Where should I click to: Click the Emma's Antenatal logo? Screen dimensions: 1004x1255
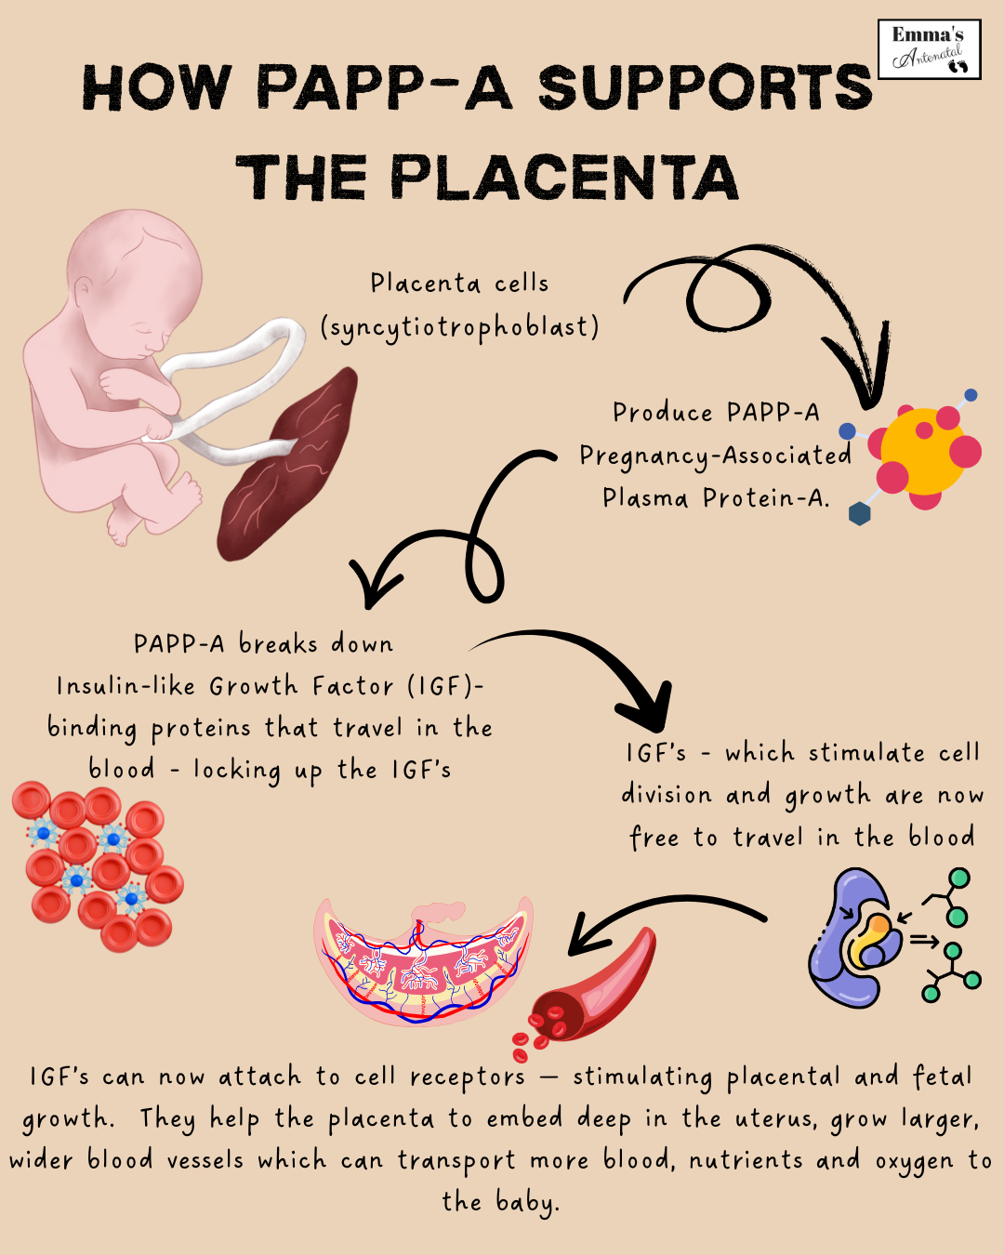click(x=929, y=49)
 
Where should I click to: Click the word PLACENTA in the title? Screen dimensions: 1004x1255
click(x=564, y=178)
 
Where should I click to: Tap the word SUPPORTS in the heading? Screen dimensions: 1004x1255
click(x=706, y=89)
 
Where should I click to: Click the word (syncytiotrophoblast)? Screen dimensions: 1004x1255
click(x=459, y=327)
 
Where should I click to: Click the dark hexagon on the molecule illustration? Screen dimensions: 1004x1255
click(x=860, y=513)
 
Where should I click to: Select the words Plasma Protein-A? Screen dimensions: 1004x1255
click(x=715, y=498)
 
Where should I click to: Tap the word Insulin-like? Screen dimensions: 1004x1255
click(x=126, y=686)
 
